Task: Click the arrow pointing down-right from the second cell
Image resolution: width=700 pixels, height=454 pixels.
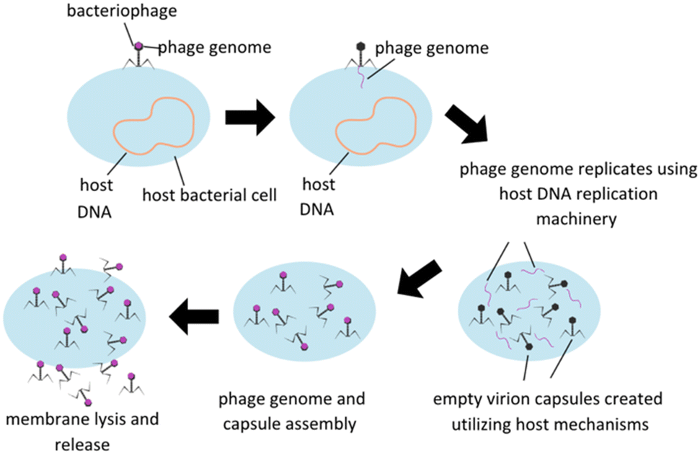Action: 467,123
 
